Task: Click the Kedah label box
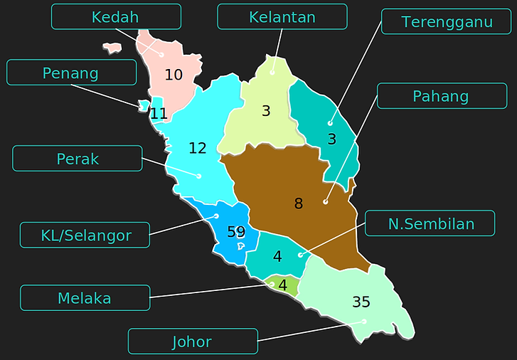pos(116,16)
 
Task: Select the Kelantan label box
pos(282,16)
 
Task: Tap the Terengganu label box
pos(446,21)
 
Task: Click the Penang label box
pos(71,73)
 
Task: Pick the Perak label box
pos(78,159)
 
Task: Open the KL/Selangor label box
pos(85,235)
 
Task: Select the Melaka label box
pos(85,297)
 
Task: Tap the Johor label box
pos(192,342)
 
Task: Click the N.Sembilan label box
pos(430,223)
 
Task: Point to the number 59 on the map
pos(236,231)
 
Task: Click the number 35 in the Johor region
pos(361,302)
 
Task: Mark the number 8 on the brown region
pos(299,203)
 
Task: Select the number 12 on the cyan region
pos(198,148)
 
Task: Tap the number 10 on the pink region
pos(174,74)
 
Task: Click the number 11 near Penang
pos(159,113)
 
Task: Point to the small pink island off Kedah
pos(112,48)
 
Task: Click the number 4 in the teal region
pos(277,255)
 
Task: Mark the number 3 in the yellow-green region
pos(266,110)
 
